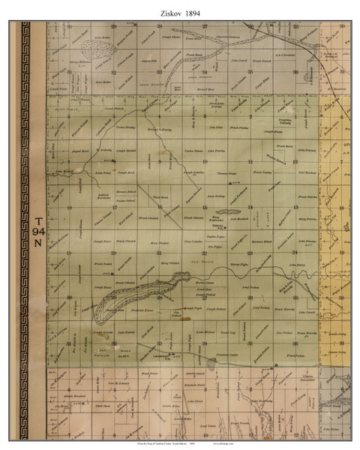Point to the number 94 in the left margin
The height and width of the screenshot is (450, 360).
click(39, 232)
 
